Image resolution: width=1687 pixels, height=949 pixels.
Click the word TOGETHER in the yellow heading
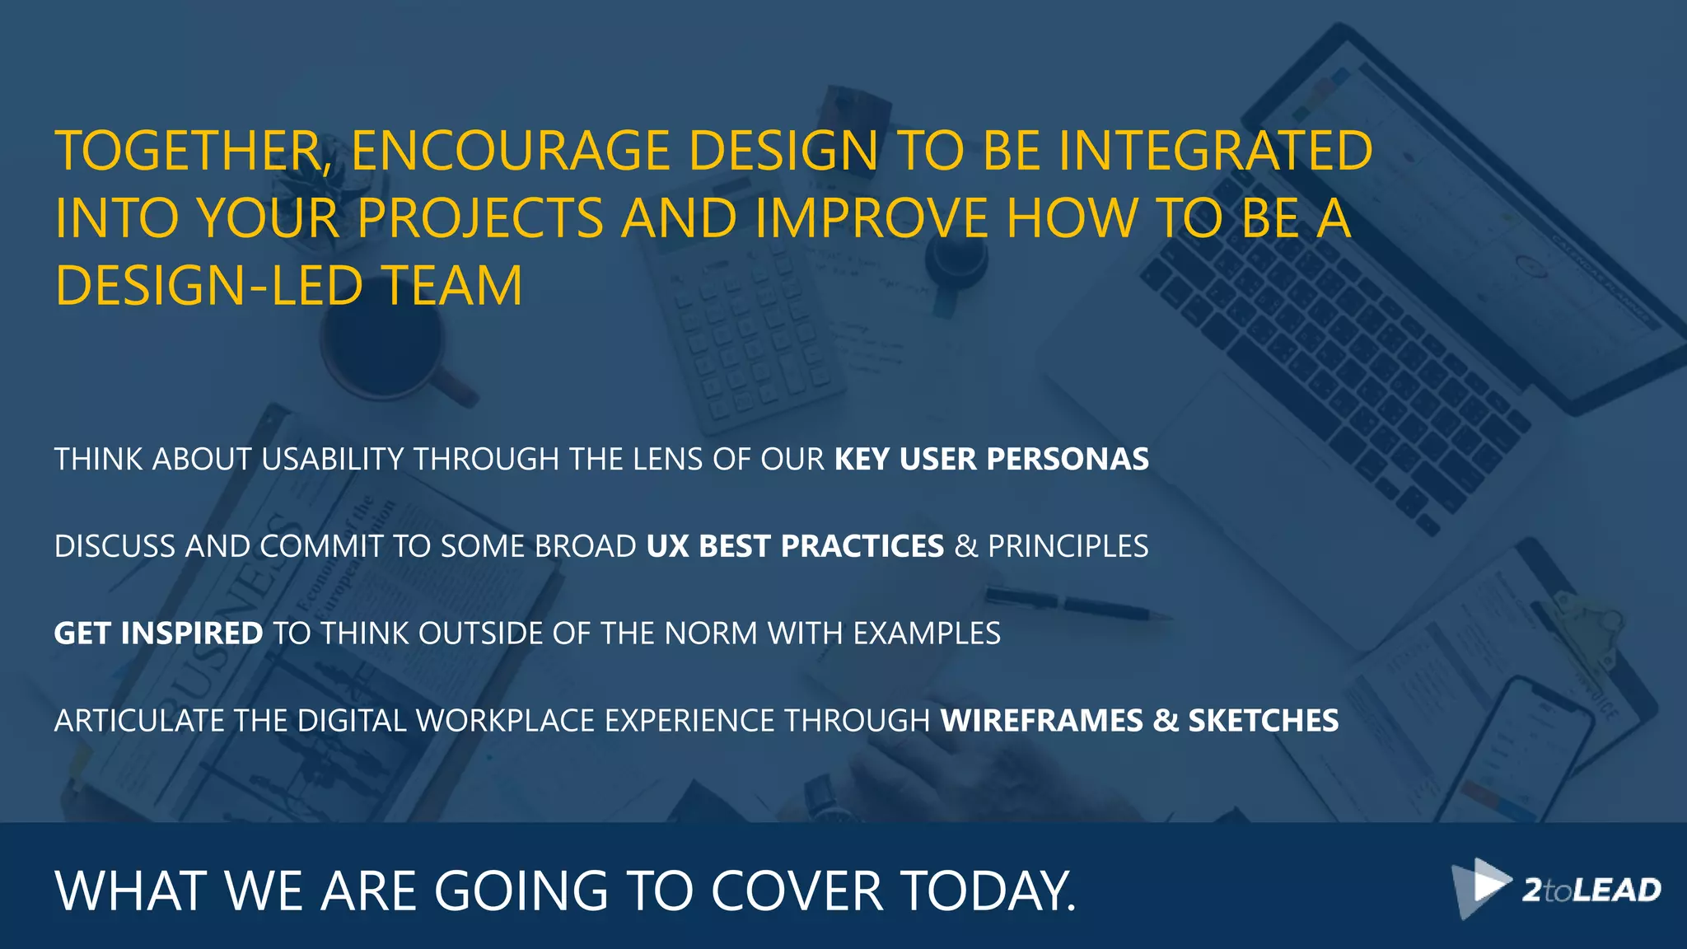tap(189, 152)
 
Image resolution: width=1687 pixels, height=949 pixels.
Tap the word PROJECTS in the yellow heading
tap(480, 218)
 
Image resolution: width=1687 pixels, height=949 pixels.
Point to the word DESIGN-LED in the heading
tap(208, 286)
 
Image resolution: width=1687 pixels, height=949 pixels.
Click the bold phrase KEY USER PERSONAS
tap(991, 459)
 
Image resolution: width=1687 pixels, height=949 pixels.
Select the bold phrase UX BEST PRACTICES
tap(795, 546)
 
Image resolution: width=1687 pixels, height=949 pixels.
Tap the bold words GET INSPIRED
tap(158, 633)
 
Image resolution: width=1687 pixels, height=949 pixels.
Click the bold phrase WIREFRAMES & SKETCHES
tap(1139, 721)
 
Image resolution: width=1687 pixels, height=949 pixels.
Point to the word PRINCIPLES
tap(1068, 546)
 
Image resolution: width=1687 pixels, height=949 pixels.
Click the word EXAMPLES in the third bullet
tap(926, 633)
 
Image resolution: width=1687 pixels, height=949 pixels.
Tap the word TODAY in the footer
tap(986, 891)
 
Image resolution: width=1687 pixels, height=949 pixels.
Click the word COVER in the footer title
tap(797, 891)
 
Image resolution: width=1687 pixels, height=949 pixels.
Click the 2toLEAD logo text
tap(1591, 891)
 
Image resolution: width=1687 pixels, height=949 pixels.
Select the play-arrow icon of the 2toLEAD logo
tap(1480, 886)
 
